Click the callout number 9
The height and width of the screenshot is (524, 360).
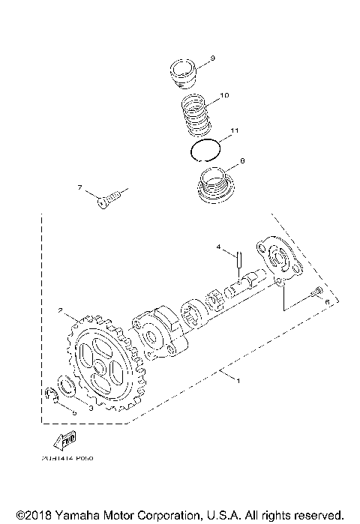point(213,58)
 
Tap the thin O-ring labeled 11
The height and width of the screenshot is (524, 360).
point(204,149)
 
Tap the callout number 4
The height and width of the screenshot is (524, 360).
point(219,246)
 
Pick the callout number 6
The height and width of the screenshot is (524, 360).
point(327,301)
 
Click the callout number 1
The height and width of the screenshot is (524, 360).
point(238,382)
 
